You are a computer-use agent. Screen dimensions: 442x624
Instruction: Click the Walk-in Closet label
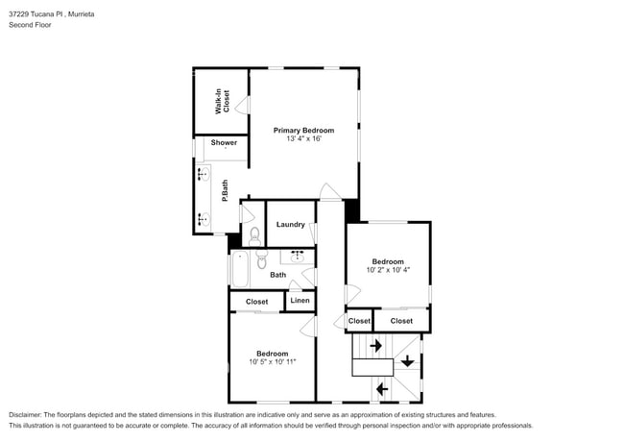221,101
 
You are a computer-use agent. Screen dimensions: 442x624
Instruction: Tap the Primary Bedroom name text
303,130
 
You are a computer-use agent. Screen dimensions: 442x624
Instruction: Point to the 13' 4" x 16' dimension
303,139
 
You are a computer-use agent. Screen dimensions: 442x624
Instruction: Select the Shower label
224,142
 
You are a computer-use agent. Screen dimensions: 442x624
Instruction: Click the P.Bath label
225,192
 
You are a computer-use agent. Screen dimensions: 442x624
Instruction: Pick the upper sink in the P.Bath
204,174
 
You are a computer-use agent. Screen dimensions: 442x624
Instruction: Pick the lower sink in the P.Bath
204,219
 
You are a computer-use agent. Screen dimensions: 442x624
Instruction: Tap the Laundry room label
290,225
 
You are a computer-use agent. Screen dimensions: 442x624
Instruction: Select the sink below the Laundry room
296,257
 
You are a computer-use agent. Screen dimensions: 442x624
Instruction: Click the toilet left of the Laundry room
254,234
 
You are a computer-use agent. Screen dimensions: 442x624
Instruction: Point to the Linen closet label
300,302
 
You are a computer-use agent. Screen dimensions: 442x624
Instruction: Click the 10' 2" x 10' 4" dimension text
388,270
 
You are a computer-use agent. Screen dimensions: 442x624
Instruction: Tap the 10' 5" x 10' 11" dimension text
273,362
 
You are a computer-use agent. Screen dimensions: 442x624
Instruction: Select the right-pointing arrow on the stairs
375,344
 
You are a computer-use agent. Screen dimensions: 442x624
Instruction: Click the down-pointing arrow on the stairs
407,361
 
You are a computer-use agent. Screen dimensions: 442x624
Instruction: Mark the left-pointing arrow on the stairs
381,388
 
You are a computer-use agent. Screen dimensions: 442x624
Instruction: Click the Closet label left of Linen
256,302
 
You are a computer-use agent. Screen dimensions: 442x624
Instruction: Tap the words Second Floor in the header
30,25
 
